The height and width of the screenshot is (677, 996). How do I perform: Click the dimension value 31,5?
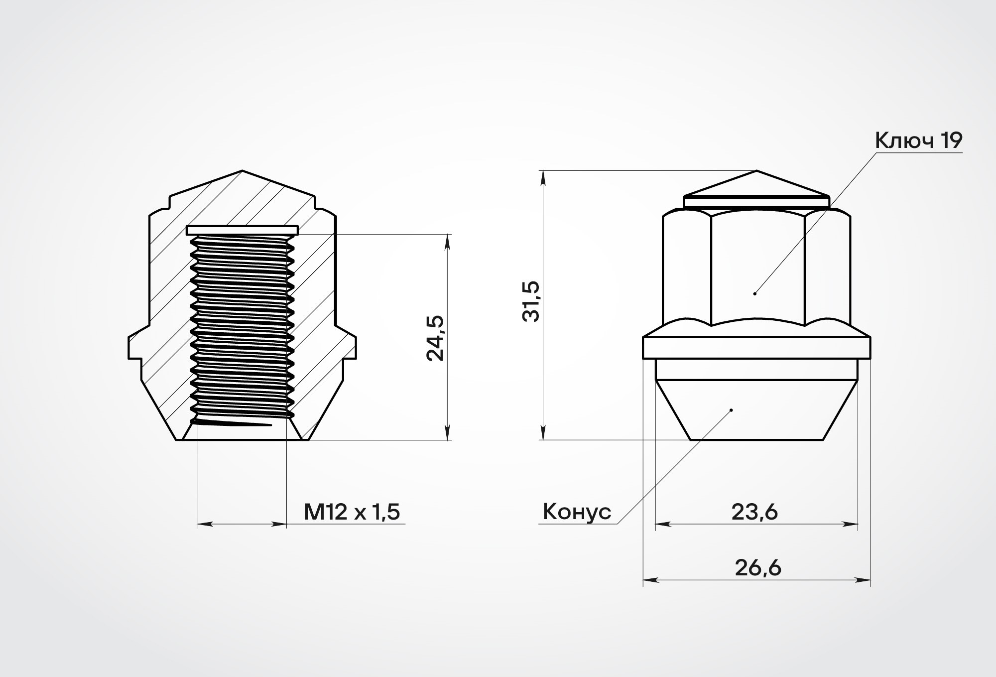[532, 301]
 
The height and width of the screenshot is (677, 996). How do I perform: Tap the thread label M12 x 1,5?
[352, 512]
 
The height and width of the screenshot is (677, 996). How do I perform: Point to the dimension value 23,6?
[754, 512]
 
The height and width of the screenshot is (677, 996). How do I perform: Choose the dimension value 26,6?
[758, 568]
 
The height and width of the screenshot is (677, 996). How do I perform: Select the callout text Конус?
[577, 512]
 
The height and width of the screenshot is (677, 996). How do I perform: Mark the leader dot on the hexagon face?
[755, 293]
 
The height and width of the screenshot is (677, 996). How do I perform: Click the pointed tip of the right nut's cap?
[756, 170]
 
